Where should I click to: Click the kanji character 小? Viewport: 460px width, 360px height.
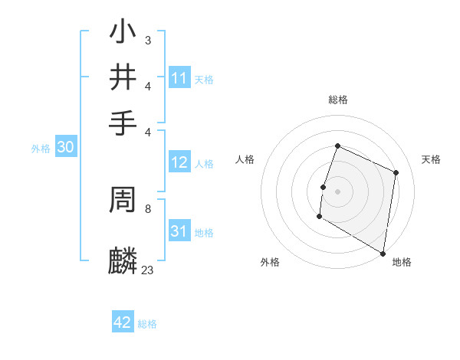(x=123, y=33)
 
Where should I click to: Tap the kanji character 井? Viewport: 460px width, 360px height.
(x=123, y=78)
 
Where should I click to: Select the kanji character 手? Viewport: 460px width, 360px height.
(x=123, y=123)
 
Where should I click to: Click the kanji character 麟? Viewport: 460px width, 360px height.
(x=123, y=260)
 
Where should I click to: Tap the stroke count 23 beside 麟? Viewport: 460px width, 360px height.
(x=147, y=270)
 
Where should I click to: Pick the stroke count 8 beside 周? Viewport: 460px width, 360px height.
(x=147, y=208)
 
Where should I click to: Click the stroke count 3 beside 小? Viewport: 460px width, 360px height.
(x=147, y=39)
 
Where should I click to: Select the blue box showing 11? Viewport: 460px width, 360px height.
(x=179, y=78)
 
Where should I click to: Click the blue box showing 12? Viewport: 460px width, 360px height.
(x=179, y=162)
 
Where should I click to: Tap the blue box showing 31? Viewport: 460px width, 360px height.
(x=179, y=231)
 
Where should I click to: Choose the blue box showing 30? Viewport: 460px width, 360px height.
(x=65, y=148)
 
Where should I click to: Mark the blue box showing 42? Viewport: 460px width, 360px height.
(x=123, y=322)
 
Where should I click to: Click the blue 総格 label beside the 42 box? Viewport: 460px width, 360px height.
(x=147, y=324)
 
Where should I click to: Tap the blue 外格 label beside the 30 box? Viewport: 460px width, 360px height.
(x=41, y=149)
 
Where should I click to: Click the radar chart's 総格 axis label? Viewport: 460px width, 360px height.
(x=337, y=100)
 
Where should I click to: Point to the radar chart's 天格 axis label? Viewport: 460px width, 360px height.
(x=432, y=159)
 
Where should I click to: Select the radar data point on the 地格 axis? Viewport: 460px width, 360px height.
(x=383, y=252)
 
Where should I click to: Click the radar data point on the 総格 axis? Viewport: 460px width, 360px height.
(x=337, y=146)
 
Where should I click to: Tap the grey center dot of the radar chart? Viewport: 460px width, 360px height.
(x=337, y=190)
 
